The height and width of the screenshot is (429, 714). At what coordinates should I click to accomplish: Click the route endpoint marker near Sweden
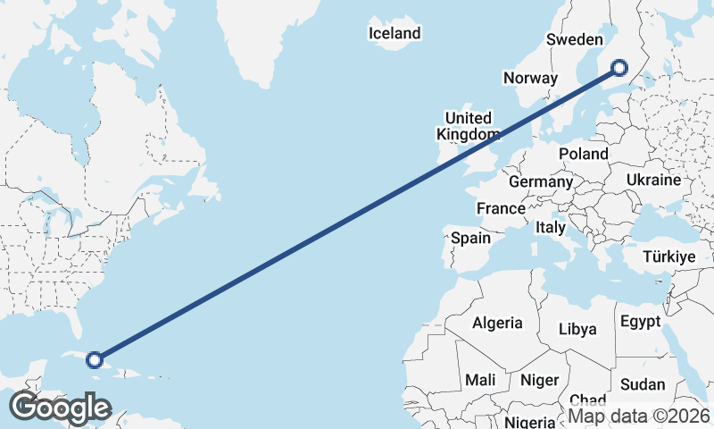click(619, 67)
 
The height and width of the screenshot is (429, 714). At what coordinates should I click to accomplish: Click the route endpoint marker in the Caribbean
click(94, 360)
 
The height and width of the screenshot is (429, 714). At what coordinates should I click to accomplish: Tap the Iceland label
click(394, 34)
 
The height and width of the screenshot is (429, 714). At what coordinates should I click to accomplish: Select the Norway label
click(530, 78)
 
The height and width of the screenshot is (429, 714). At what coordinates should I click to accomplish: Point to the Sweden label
click(576, 39)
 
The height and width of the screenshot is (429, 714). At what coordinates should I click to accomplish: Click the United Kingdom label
click(468, 126)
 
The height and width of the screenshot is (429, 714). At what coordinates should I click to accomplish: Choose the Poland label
click(584, 154)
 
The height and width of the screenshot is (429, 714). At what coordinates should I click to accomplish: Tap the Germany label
click(541, 181)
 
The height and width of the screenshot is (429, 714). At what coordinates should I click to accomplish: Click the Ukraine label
click(653, 180)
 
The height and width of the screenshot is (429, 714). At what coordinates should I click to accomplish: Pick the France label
click(501, 208)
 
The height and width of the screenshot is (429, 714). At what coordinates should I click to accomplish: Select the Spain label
click(470, 238)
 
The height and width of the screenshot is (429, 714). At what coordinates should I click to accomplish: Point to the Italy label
click(551, 228)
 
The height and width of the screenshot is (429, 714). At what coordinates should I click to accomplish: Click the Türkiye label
click(668, 257)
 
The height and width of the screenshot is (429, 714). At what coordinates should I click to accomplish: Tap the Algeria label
click(497, 323)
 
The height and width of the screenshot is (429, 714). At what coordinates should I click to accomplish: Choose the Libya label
click(577, 329)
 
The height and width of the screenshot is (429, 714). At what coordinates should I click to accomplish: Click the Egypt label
click(640, 322)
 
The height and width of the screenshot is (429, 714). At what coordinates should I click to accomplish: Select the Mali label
click(480, 380)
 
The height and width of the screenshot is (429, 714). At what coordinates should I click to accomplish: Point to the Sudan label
click(643, 384)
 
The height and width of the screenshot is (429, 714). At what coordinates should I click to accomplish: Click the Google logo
click(60, 408)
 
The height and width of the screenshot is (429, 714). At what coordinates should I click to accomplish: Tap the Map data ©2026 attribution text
click(639, 416)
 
